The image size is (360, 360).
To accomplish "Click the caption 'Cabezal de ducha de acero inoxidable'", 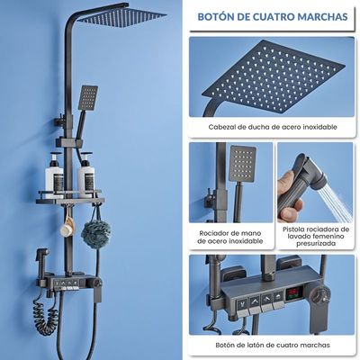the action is (x=273, y=127).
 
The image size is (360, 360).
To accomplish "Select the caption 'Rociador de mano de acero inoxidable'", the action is (x=230, y=237).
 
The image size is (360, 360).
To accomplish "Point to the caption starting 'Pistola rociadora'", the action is (x=316, y=237).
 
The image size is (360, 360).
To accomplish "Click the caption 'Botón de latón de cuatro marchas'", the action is (x=273, y=345).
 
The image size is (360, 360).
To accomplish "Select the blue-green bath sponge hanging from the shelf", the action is (x=96, y=233).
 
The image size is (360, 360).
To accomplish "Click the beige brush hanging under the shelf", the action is (x=67, y=228).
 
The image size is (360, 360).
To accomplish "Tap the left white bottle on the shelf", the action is (x=54, y=175).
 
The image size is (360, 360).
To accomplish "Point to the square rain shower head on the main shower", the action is (x=121, y=16).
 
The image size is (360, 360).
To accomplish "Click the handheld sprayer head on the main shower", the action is (x=88, y=97).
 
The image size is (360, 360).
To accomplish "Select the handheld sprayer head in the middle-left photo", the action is (x=242, y=164).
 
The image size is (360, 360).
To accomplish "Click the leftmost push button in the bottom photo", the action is (x=242, y=304).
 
